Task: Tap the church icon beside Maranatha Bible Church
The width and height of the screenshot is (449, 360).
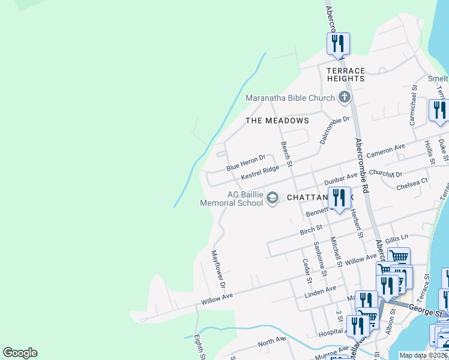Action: [x=344, y=97]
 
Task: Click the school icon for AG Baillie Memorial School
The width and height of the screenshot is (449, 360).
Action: [x=273, y=198]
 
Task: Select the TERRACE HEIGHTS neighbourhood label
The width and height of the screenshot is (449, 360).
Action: [x=346, y=74]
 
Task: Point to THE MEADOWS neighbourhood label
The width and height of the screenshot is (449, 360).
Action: [x=277, y=121]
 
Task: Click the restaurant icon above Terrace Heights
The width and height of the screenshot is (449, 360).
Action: [x=338, y=44]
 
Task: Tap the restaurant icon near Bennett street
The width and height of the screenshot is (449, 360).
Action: [x=339, y=198]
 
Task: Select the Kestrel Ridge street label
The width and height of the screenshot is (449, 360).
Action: [x=260, y=173]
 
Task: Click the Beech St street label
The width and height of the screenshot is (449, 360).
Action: [x=286, y=154]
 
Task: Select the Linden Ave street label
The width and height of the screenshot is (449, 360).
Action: [x=321, y=290]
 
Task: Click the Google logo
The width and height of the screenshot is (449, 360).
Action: [x=20, y=353]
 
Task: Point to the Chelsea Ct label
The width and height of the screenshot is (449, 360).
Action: [x=412, y=184]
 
